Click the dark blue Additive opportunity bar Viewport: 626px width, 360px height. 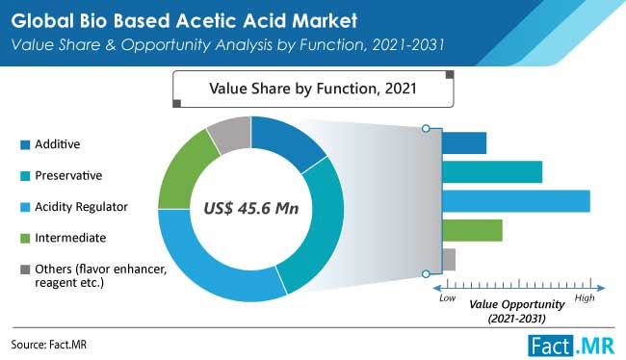tap(464, 143)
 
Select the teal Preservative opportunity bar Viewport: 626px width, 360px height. tap(492, 172)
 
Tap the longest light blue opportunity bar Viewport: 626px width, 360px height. tap(515, 201)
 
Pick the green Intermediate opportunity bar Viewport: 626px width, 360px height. tap(472, 230)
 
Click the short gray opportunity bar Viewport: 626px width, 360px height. tap(449, 258)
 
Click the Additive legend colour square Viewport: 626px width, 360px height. tap(22, 144)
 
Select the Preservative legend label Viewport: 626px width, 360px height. tap(68, 175)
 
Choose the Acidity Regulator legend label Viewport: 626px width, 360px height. tap(81, 206)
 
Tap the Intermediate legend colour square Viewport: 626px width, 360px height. tap(22, 237)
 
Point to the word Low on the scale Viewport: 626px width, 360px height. tap(447, 300)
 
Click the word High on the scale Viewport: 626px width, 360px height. tap(585, 300)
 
